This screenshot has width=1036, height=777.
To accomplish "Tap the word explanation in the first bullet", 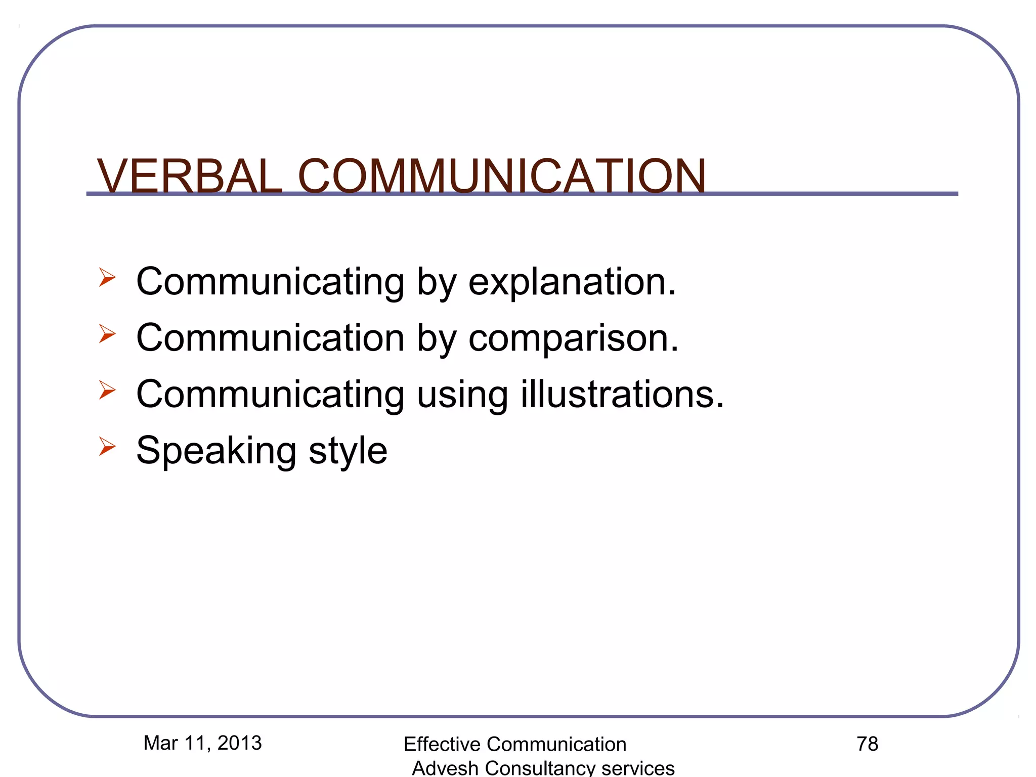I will click(x=572, y=282).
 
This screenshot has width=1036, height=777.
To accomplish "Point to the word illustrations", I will click(x=622, y=394).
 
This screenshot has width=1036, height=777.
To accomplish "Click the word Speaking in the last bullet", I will click(x=216, y=450).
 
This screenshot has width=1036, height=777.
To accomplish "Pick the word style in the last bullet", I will click(x=348, y=450).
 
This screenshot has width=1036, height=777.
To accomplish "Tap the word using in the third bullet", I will click(x=462, y=395).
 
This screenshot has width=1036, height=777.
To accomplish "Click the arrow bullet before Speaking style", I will click(x=107, y=446).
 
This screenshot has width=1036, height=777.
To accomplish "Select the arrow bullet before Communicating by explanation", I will click(x=107, y=277).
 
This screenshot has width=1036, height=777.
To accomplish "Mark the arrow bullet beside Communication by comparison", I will click(x=107, y=333).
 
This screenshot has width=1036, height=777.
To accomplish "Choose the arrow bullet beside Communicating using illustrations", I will click(x=107, y=390).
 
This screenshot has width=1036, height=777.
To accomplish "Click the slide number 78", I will click(x=867, y=744).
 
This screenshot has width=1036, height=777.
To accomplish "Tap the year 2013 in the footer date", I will click(x=239, y=743).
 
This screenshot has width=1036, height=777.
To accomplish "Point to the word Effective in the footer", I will click(x=442, y=745).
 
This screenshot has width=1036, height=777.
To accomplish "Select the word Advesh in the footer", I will click(x=445, y=768).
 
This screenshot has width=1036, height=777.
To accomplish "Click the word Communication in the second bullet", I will click(x=270, y=338).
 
